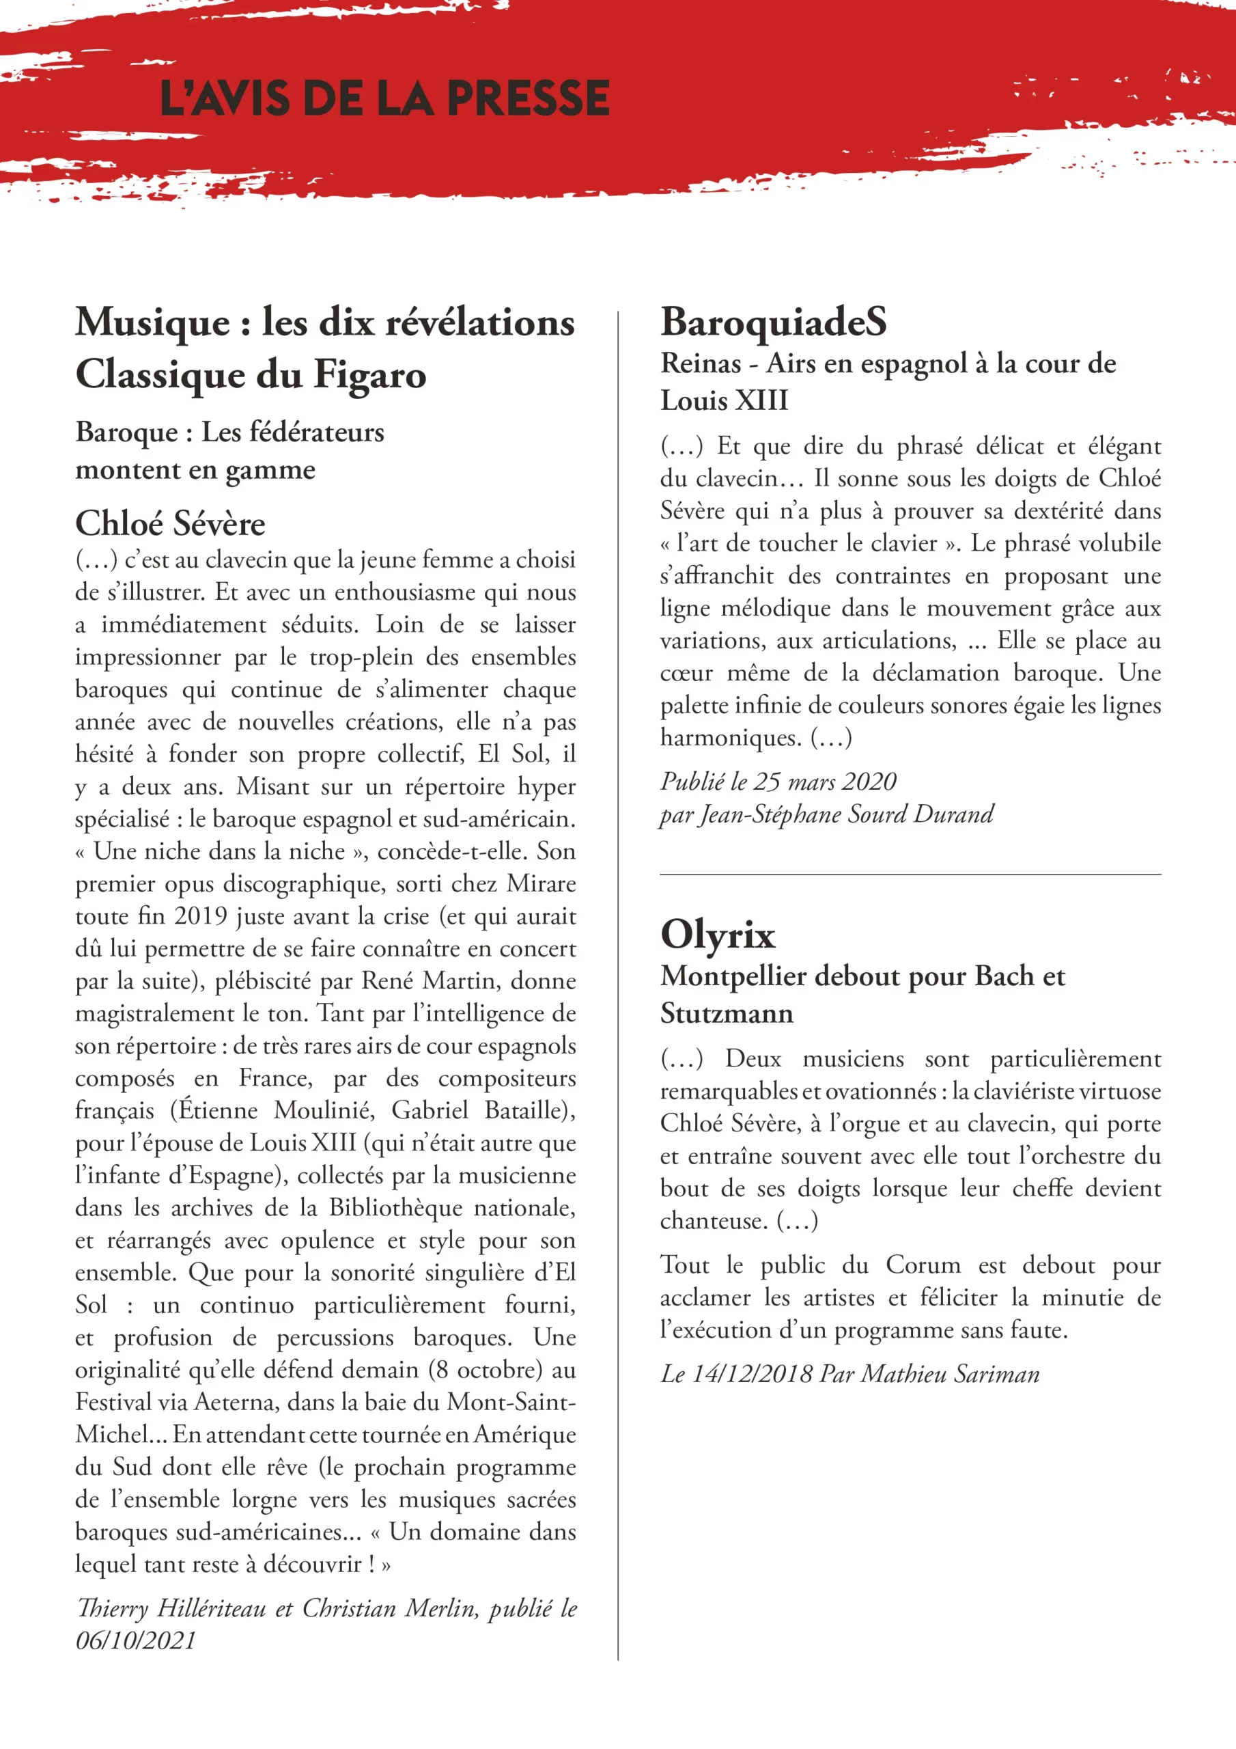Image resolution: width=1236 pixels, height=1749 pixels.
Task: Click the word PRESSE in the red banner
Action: (528, 99)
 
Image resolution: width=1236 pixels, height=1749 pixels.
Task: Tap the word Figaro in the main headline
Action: (370, 376)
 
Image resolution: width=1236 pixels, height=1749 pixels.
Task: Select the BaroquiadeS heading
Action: (773, 322)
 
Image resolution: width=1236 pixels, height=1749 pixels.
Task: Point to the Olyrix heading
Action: (718, 934)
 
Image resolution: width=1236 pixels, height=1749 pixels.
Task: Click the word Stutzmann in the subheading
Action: (727, 1014)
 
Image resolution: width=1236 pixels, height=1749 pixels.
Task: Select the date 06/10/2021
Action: (136, 1640)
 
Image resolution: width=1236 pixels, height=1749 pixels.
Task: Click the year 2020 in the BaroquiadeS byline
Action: (869, 782)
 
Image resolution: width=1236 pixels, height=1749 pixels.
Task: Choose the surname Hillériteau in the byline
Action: (212, 1608)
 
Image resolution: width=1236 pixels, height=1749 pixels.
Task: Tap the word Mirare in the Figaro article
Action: (542, 883)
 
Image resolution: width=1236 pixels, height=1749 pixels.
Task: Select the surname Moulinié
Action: (324, 1111)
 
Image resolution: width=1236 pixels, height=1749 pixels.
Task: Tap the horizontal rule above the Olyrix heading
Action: (910, 874)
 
